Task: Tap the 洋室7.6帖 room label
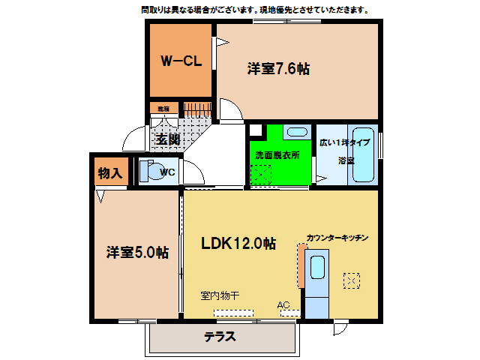click(278, 69)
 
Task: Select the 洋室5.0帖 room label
click(136, 252)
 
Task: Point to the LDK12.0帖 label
click(238, 243)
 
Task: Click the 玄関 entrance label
click(167, 139)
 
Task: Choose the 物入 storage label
click(109, 172)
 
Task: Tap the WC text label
click(168, 172)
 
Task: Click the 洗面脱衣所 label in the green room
click(277, 155)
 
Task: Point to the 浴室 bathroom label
click(346, 160)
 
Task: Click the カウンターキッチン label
click(337, 238)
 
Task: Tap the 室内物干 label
click(219, 295)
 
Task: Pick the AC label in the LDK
click(283, 305)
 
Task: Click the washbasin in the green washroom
click(297, 133)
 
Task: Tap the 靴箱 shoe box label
click(163, 109)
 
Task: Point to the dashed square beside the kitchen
click(351, 280)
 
